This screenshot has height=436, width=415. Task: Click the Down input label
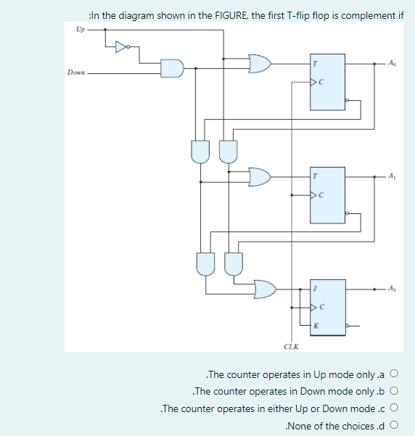tap(75, 73)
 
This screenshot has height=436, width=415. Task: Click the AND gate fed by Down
tap(171, 68)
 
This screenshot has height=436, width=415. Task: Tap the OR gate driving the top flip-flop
tap(260, 64)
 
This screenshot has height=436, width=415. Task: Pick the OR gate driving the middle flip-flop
tap(260, 176)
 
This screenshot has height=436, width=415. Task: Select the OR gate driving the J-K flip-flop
tap(266, 289)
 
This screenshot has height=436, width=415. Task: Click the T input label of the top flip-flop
tap(314, 64)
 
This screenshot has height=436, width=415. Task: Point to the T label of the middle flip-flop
tap(314, 176)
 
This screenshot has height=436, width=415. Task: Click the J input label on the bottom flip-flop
tap(314, 289)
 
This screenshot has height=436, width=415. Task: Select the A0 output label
tap(393, 63)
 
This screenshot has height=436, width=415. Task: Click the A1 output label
tap(393, 176)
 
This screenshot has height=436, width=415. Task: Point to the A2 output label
tap(393, 288)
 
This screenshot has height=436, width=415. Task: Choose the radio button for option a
tap(395, 374)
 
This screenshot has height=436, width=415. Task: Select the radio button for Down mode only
tap(395, 392)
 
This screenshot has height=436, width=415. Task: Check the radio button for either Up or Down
tap(395, 408)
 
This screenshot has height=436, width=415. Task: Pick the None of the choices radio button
tap(395, 426)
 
